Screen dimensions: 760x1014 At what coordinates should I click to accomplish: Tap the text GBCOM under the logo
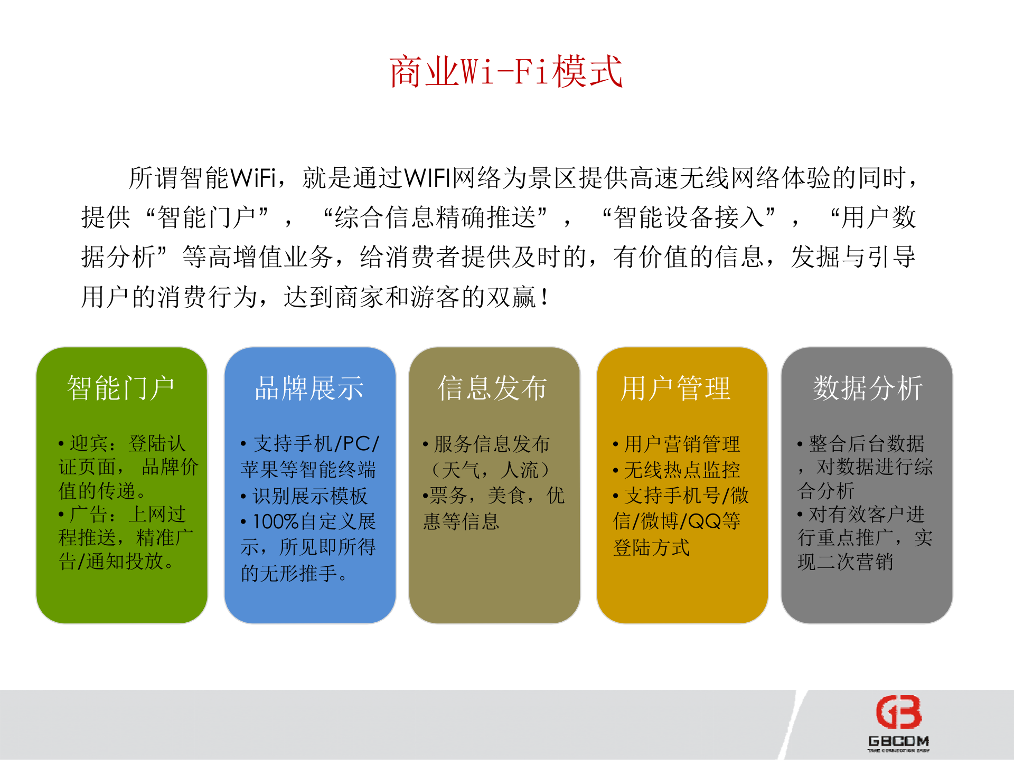[x=898, y=741]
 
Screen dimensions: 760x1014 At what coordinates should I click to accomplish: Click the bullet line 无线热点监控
[x=682, y=470]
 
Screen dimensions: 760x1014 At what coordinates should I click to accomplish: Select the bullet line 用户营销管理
[x=682, y=444]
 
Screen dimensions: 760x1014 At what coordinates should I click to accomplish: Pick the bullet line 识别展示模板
[x=309, y=496]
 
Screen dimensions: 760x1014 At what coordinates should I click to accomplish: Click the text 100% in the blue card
[x=275, y=521]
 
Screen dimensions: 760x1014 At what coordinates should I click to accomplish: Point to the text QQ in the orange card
[x=704, y=521]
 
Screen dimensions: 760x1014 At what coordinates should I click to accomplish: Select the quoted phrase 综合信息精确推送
[x=435, y=217]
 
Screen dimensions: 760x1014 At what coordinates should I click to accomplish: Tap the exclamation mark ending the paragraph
[x=544, y=297]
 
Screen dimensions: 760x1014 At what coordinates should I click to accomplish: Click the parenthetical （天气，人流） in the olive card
[x=491, y=470]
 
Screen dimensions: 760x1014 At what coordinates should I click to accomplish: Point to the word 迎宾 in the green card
[x=89, y=444]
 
